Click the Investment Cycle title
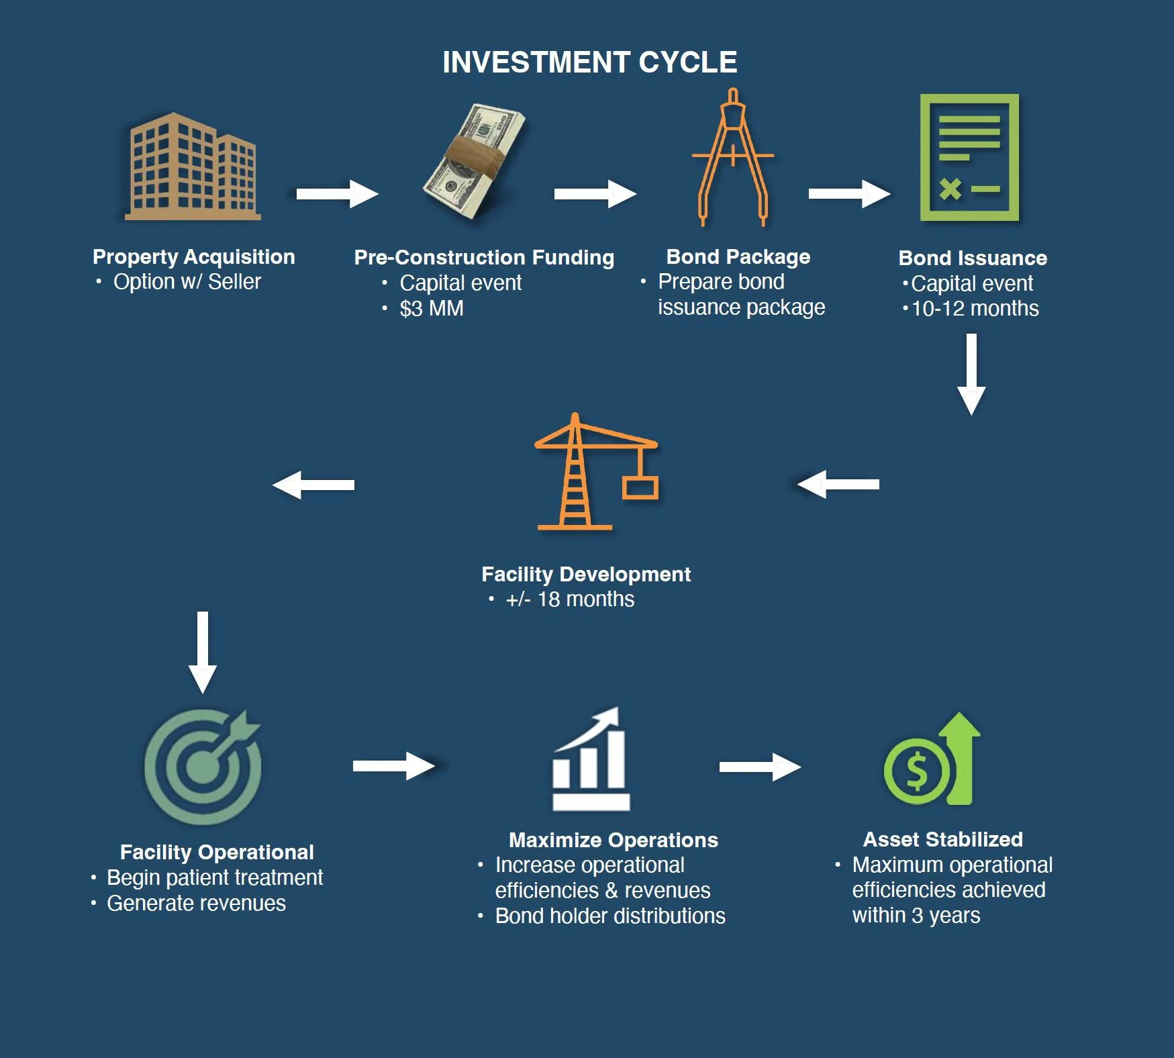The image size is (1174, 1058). pos(589,62)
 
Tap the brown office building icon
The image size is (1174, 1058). pos(193,166)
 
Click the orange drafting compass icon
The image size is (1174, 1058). pos(733,158)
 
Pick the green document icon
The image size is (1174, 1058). pos(969,158)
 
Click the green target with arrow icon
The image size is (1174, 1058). pos(203,766)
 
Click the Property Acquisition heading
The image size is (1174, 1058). pos(193,256)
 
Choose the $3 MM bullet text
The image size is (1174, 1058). pos(431,309)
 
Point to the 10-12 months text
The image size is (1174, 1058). pos(975,309)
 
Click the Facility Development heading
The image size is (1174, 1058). pos(585,574)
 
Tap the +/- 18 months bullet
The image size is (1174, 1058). pos(569,599)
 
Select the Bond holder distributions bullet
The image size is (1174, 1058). pos(609,916)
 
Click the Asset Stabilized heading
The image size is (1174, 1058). pos(942,839)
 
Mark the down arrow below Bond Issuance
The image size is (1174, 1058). pos(971,374)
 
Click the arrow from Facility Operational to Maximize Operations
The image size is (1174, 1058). pos(394,766)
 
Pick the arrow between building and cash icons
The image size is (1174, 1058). pos(337,194)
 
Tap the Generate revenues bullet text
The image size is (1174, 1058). pos(196,904)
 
